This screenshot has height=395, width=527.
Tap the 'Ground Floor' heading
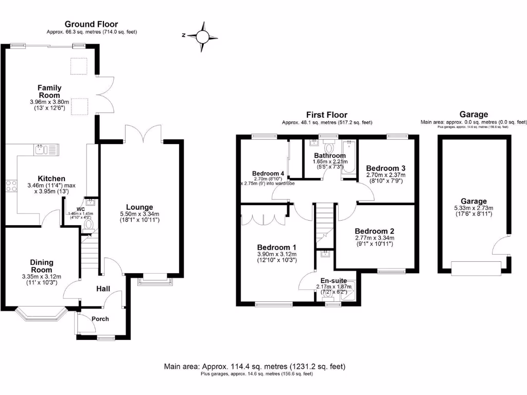coord(91,24)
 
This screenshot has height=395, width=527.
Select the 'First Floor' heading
coord(326,115)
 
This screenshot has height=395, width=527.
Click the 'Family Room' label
coord(49,92)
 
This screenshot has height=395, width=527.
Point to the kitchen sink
coord(46,150)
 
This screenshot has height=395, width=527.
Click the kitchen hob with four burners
coord(10,186)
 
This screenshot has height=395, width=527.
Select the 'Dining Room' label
coord(41,266)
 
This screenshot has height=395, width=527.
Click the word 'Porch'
coord(100,319)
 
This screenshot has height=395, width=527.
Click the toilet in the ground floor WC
coord(89,224)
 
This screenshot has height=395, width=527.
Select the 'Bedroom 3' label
coord(385,168)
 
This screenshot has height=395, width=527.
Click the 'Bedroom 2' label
coord(374,231)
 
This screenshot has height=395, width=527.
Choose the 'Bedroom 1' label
coord(277,246)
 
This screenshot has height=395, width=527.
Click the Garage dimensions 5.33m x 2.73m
coord(473,208)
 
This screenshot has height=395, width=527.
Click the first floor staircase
coord(323,223)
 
